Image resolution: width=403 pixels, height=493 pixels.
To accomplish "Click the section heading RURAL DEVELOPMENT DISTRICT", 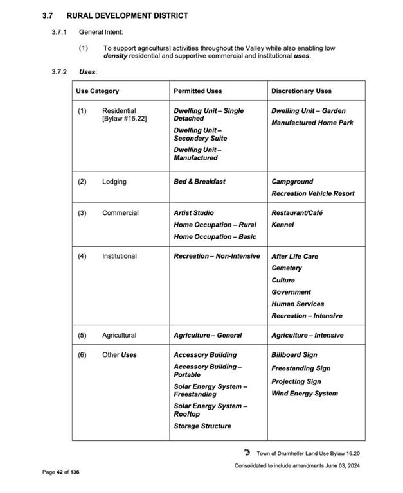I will tap(127, 15).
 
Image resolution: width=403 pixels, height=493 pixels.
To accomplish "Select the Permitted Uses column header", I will tap(197, 91).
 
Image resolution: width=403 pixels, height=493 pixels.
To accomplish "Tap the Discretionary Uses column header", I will tap(301, 91).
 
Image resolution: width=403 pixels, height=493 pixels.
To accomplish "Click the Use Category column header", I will tap(97, 91).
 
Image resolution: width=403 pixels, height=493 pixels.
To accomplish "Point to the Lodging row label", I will tap(114, 182).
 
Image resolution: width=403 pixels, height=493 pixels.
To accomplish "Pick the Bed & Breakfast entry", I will tap(199, 182).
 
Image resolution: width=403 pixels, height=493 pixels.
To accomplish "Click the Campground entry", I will tap(292, 182).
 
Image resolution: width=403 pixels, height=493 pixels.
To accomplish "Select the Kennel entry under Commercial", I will tap(282, 225).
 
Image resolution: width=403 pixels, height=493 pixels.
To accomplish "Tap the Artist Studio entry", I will tap(193, 212).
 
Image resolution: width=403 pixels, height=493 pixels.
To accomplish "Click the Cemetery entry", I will tap(286, 268).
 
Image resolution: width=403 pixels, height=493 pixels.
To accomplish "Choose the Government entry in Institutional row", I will tap(291, 292).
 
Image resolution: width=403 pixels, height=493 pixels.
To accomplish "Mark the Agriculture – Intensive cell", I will tap(307, 335).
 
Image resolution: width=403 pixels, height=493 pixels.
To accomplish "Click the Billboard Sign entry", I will tap(294, 354).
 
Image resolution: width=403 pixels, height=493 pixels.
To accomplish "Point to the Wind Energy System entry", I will tap(304, 394).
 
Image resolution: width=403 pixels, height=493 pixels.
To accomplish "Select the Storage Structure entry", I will tap(202, 426).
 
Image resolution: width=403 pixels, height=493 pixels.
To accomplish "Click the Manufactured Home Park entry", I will tap(312, 123).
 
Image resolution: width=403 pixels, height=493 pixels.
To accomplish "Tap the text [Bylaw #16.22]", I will tap(124, 119).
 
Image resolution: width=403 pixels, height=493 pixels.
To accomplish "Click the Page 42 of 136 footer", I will tap(61, 472).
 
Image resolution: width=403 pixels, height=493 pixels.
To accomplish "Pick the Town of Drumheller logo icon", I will tap(247, 453).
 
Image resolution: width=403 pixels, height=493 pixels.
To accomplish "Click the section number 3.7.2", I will tap(60, 71).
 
